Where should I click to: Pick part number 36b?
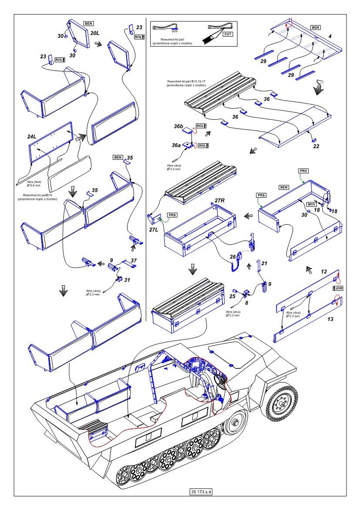click(x=178, y=127)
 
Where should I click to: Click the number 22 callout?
click(x=316, y=146)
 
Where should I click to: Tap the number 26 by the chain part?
click(x=232, y=256)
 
